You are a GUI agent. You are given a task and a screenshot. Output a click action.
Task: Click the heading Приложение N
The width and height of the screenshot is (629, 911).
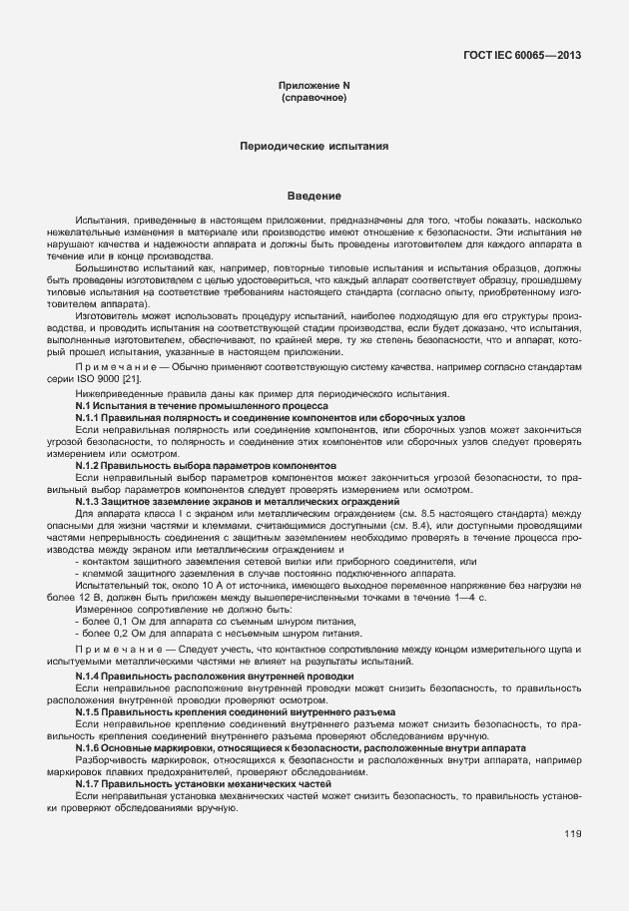click(314, 87)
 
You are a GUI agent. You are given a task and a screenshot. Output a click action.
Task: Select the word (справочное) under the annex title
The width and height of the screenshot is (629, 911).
click(314, 99)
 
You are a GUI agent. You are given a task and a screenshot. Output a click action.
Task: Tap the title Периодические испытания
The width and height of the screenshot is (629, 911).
click(314, 146)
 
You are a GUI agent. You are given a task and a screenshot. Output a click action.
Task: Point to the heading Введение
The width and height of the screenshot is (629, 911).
click(314, 195)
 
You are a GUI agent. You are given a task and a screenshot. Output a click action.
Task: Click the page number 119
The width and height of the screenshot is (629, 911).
click(572, 834)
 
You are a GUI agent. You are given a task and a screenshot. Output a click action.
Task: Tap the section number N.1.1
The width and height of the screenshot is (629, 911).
click(91, 418)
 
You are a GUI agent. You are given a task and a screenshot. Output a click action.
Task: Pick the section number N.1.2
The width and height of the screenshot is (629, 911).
click(91, 465)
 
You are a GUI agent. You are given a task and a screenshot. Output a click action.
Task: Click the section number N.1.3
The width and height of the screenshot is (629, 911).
click(91, 500)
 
